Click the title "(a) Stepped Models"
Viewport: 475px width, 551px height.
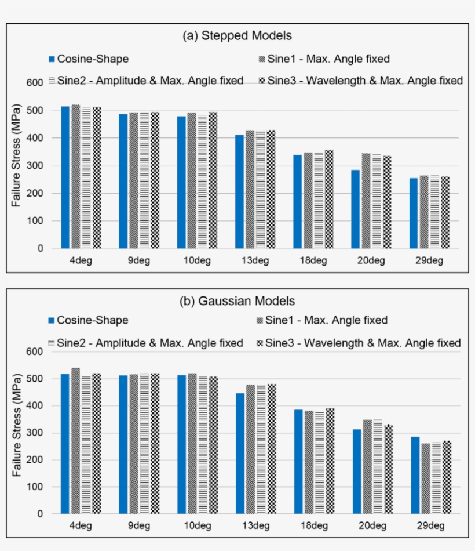[237, 36]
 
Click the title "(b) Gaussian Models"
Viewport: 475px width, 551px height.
[237, 301]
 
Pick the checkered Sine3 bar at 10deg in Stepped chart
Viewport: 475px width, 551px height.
[213, 180]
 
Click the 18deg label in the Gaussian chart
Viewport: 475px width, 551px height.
[312, 526]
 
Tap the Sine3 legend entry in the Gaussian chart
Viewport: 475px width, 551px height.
[359, 343]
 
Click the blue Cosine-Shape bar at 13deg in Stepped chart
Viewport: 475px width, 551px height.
[239, 191]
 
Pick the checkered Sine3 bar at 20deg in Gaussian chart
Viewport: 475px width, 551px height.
[388, 469]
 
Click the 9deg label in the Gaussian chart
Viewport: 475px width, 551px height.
[138, 526]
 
